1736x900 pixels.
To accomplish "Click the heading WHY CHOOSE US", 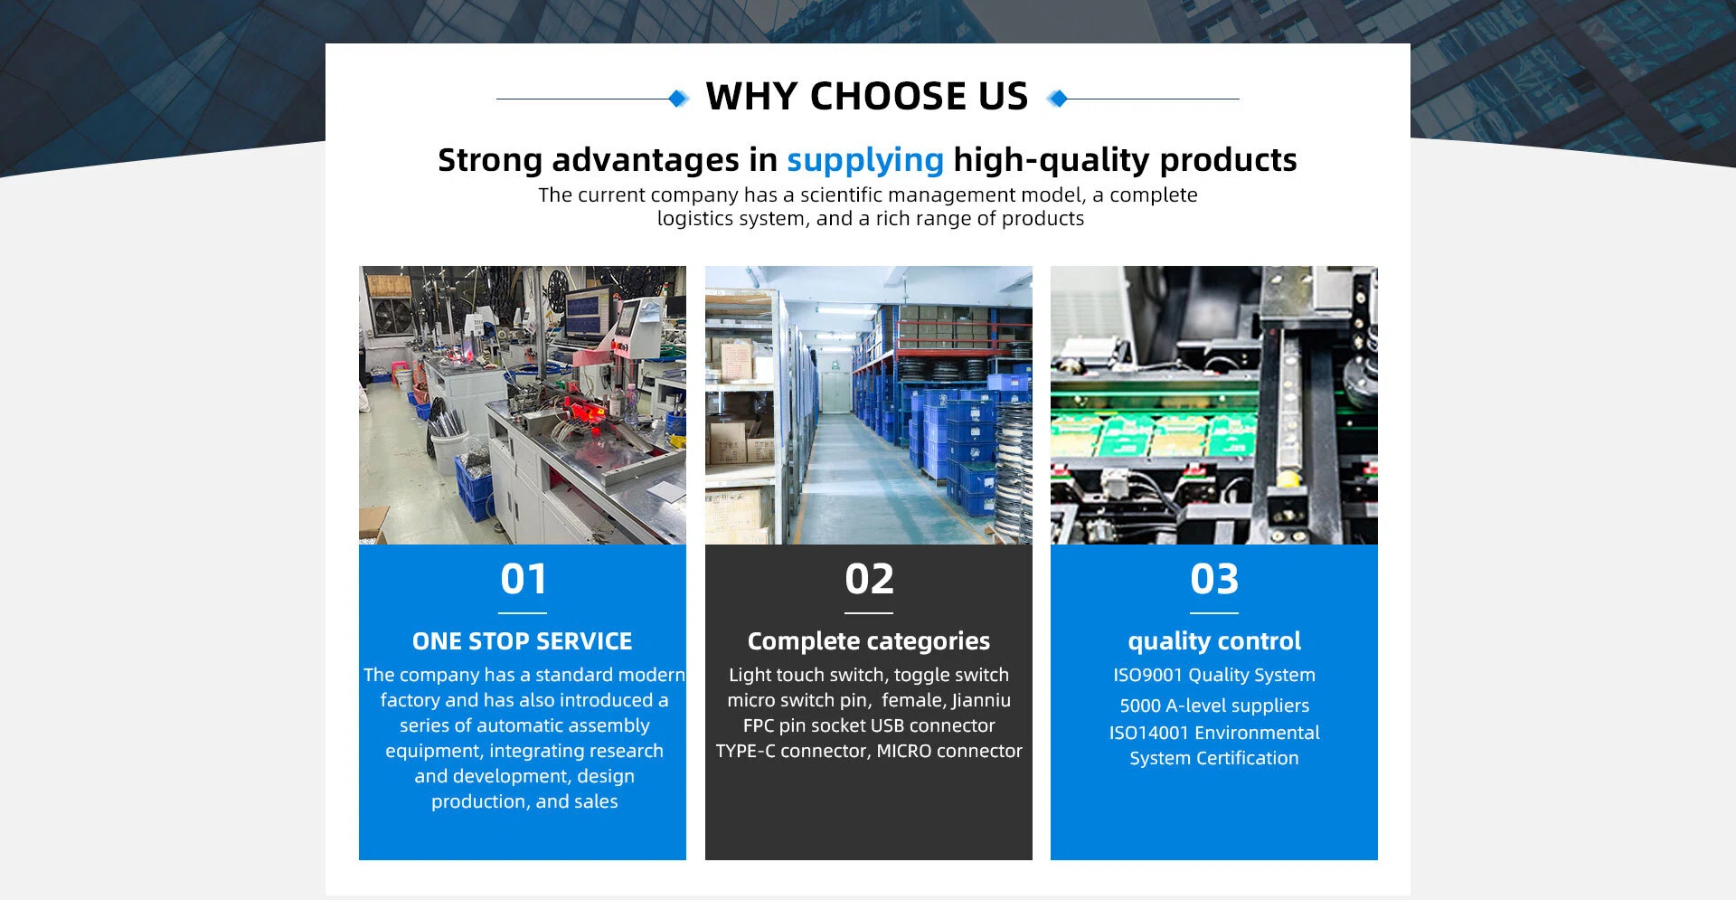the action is coord(867,96).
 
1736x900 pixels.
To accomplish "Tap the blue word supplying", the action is coord(865,160).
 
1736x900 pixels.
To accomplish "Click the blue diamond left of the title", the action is coord(678,99).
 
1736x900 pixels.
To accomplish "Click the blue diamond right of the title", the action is coord(1057,99).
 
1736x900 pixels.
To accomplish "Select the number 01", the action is coord(524,579).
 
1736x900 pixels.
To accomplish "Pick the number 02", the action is coord(869,579).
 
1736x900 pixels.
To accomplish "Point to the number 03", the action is coord(1214,579).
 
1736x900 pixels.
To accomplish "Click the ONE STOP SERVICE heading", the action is coord(523,641).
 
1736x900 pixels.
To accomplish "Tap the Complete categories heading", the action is coord(869,641).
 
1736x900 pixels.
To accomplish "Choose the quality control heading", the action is coord(1214,641).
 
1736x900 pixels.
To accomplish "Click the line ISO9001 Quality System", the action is coord(1214,675).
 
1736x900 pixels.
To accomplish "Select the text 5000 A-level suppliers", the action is coord(1214,706).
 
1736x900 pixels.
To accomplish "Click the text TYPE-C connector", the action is coord(791,751).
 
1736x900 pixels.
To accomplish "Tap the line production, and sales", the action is coord(524,801).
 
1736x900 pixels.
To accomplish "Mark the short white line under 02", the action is coord(869,612).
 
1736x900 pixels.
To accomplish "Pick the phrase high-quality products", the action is coord(1125,160).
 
